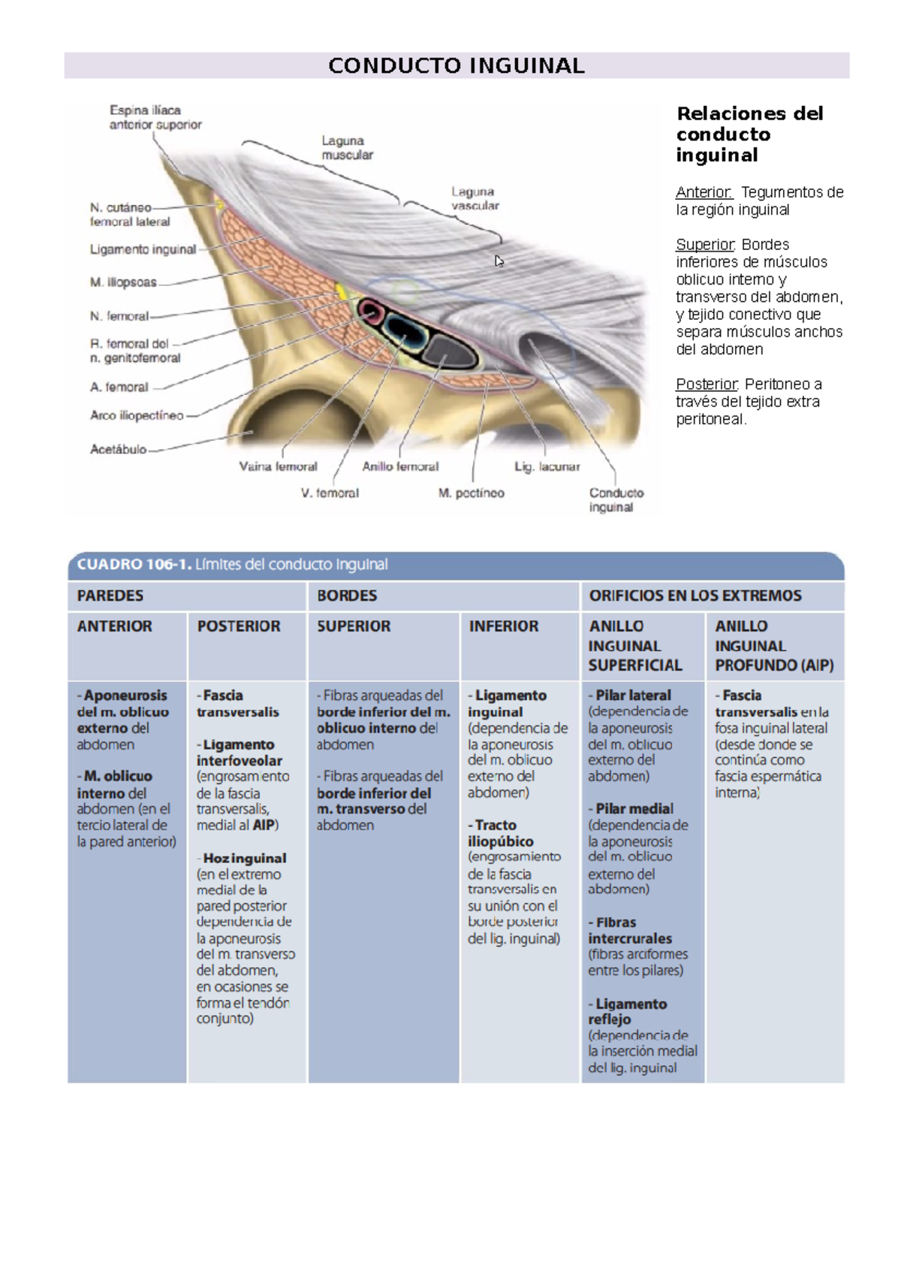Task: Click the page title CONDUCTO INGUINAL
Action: pos(456,66)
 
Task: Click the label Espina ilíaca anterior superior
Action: pos(155,117)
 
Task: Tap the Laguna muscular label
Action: pos(347,148)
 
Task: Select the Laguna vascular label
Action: pos(475,198)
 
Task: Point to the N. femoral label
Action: pos(119,316)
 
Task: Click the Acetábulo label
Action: pos(118,449)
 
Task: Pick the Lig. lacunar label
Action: pos(547,466)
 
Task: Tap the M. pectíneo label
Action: pos(471,493)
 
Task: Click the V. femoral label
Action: pos(330,493)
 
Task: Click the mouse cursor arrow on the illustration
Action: pos(499,261)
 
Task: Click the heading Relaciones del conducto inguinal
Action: pos(749,134)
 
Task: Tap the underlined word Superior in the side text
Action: pos(704,245)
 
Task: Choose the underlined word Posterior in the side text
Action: pos(706,384)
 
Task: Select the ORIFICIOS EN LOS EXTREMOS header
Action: pos(695,595)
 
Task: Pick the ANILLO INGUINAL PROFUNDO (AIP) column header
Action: pos(773,646)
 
